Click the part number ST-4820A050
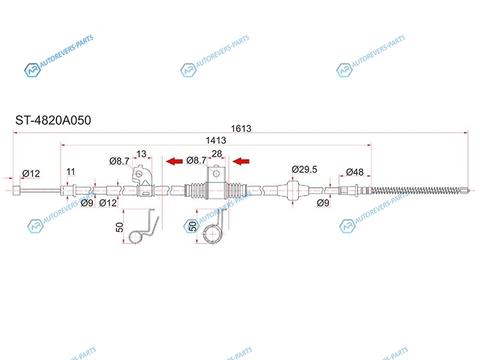53,121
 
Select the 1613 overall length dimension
241,128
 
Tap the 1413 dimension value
216,140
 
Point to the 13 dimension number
141,154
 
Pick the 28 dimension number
217,154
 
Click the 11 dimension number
71,172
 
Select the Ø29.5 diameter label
304,169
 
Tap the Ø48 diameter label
355,172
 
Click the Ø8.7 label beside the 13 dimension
119,161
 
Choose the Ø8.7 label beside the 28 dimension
196,160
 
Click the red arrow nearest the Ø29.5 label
241,161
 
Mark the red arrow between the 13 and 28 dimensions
174,161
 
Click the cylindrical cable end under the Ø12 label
17,190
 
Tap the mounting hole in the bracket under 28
216,174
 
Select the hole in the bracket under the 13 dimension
139,174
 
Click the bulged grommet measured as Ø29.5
292,190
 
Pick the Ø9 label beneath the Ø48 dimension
323,203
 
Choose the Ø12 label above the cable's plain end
31,173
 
